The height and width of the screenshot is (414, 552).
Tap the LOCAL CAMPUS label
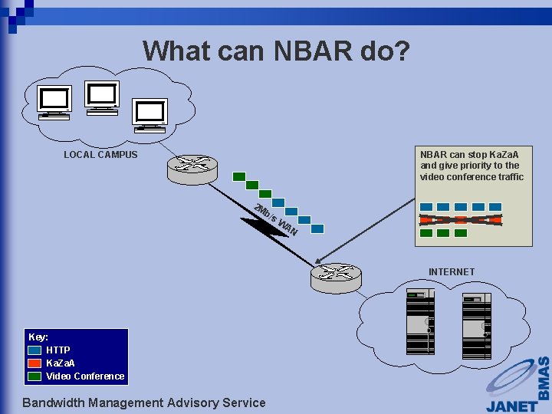point(100,155)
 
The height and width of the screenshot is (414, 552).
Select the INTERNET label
point(451,272)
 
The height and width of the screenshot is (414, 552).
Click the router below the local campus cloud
point(192,167)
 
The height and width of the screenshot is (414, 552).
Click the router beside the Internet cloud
point(335,276)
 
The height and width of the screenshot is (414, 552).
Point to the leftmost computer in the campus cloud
point(56,102)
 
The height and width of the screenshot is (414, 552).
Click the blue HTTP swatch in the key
point(35,350)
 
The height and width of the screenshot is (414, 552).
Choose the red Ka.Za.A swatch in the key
point(35,363)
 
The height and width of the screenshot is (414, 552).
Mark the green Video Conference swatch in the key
point(35,376)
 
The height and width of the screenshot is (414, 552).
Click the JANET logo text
point(512,405)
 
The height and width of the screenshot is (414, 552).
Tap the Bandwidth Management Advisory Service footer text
point(144,402)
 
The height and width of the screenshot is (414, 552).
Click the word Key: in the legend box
point(38,337)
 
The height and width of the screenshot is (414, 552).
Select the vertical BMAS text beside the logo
point(543,377)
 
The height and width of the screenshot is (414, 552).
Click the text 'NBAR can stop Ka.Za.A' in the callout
point(469,155)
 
